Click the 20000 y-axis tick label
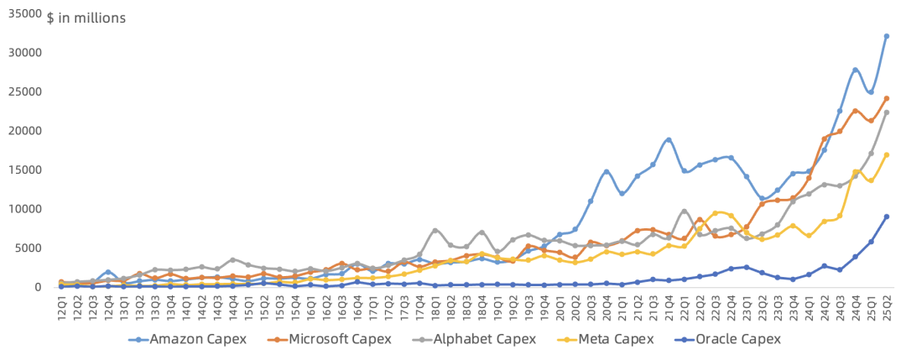pos(25,131)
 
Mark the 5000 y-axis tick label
pos(29,248)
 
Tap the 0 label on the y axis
pos(38,287)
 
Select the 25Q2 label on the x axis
pos(886,307)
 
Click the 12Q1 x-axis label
pos(61,307)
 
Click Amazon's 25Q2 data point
pos(886,36)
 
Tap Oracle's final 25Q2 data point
pos(886,217)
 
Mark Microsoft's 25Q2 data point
pos(886,98)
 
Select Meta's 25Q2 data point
pos(886,154)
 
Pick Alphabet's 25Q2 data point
pos(886,112)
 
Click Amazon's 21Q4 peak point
pos(669,139)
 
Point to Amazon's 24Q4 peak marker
pos(855,70)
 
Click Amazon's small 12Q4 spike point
pos(108,272)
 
